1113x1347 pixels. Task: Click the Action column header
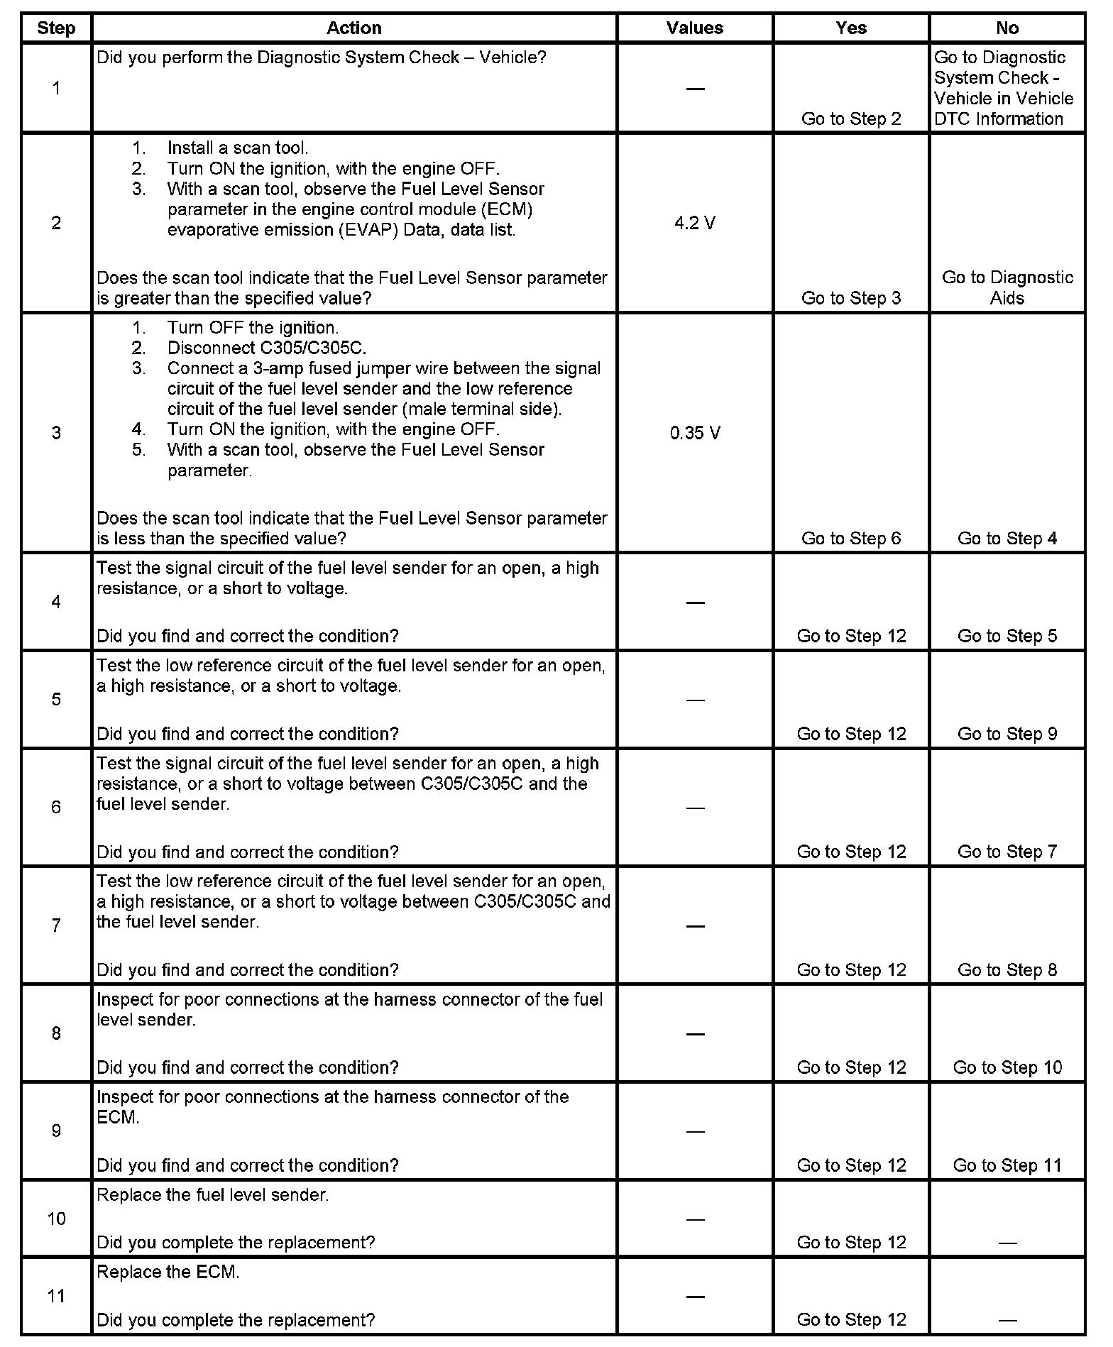coord(353,28)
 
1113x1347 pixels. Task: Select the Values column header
coord(694,28)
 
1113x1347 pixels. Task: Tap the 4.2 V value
coord(694,224)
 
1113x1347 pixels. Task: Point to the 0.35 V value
coord(695,433)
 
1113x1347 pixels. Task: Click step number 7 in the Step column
coord(56,925)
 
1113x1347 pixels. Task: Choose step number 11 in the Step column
coord(56,1296)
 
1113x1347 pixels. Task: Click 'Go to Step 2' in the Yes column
coord(851,119)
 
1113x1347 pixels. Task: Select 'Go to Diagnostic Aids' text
coord(1007,287)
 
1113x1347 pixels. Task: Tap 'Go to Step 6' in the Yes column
coord(851,538)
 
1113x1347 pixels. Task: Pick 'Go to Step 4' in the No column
coord(1007,538)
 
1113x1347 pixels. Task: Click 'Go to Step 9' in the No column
coord(1007,734)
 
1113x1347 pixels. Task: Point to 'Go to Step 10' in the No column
coord(1007,1067)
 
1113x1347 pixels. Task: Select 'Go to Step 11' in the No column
coord(1007,1165)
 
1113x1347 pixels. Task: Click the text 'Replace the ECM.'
coord(168,1272)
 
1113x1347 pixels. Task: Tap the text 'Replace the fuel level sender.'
coord(213,1195)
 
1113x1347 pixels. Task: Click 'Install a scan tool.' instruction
coord(238,148)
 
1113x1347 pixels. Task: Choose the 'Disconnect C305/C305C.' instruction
coord(267,348)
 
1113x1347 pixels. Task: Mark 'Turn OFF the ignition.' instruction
coord(253,328)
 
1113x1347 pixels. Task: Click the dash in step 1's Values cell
coord(695,89)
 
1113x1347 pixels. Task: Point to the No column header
coord(1007,28)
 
